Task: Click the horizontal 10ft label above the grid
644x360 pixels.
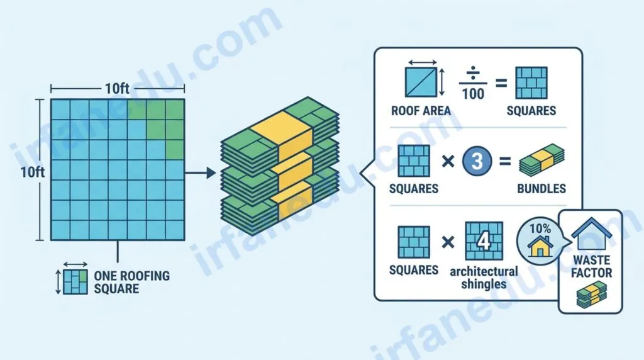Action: click(x=117, y=88)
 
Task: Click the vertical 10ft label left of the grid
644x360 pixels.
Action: click(x=33, y=172)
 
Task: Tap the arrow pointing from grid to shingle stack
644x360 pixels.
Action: click(x=200, y=172)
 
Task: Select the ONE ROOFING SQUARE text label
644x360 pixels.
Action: click(x=131, y=282)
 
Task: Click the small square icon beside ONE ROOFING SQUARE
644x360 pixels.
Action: click(x=75, y=282)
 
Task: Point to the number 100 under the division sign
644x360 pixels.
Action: click(x=473, y=94)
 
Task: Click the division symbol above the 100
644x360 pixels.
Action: click(x=473, y=74)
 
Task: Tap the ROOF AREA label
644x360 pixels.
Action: click(x=421, y=111)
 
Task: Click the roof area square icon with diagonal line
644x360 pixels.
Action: click(x=421, y=82)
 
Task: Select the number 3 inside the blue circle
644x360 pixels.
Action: click(x=477, y=161)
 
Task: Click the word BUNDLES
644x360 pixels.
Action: click(x=541, y=189)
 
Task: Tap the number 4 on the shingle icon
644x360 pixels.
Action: click(x=484, y=240)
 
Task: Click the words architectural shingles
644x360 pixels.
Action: click(x=484, y=278)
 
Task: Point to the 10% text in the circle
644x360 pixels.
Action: click(x=540, y=228)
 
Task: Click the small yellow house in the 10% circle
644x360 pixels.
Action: click(x=540, y=245)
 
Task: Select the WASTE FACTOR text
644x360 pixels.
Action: click(x=591, y=266)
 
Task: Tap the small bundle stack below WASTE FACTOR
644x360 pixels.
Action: click(x=591, y=295)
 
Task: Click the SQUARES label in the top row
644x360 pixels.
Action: click(x=531, y=111)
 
